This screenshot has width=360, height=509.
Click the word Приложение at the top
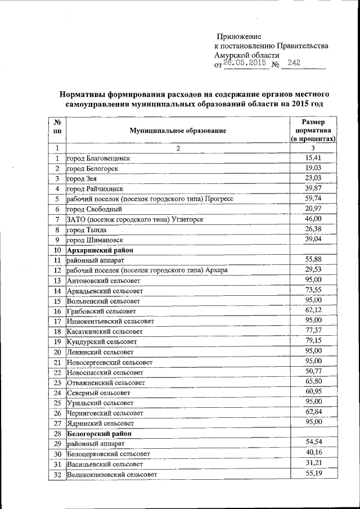tap(239, 36)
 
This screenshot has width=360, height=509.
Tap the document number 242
tap(294, 64)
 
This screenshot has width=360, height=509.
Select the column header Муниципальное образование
tap(178, 130)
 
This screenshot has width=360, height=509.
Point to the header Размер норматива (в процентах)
tap(313, 130)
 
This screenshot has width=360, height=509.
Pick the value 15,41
tap(313, 158)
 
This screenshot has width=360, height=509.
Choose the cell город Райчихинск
tap(94, 189)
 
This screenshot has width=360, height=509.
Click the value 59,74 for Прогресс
tap(313, 199)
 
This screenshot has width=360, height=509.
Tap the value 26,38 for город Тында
tap(313, 229)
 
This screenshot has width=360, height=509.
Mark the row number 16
tap(57, 311)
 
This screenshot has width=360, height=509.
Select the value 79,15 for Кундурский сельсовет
tap(313, 341)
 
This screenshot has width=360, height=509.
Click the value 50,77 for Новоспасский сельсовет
tap(313, 371)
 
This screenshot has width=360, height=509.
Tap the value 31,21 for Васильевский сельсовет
tap(313, 463)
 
